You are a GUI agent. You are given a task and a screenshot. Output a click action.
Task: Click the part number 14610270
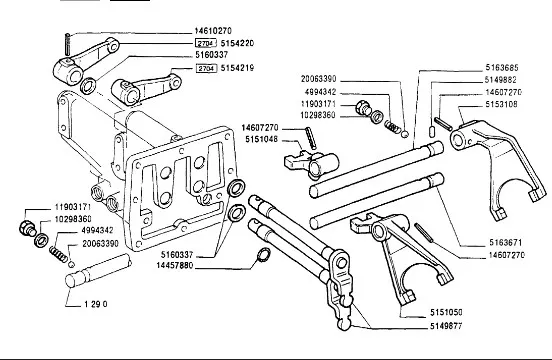click(213, 31)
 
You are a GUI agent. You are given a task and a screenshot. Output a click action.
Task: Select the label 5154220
click(237, 43)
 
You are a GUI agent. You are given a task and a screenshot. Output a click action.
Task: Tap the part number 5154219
click(237, 68)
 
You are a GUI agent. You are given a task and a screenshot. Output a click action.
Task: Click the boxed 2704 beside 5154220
click(206, 43)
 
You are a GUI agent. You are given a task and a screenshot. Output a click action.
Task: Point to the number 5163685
click(502, 68)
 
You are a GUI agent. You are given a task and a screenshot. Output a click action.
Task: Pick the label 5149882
click(501, 80)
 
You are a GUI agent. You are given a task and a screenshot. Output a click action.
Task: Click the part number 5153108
click(502, 105)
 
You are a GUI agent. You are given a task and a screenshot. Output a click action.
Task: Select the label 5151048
click(262, 140)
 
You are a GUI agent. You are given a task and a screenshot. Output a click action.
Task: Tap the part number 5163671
click(506, 242)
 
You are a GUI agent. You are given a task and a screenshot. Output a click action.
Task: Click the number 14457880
click(175, 266)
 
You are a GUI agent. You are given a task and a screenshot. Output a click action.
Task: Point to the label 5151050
click(446, 312)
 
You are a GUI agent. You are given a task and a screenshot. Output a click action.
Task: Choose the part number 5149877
click(446, 326)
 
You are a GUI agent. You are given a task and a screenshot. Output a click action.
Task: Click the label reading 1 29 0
click(95, 304)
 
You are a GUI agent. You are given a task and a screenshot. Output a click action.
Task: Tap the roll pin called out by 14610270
click(67, 43)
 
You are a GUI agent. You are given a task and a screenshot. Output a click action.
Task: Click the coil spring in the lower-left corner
click(58, 254)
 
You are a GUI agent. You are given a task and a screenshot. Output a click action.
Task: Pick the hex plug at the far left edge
click(27, 228)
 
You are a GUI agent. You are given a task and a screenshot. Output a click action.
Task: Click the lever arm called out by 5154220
click(86, 61)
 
